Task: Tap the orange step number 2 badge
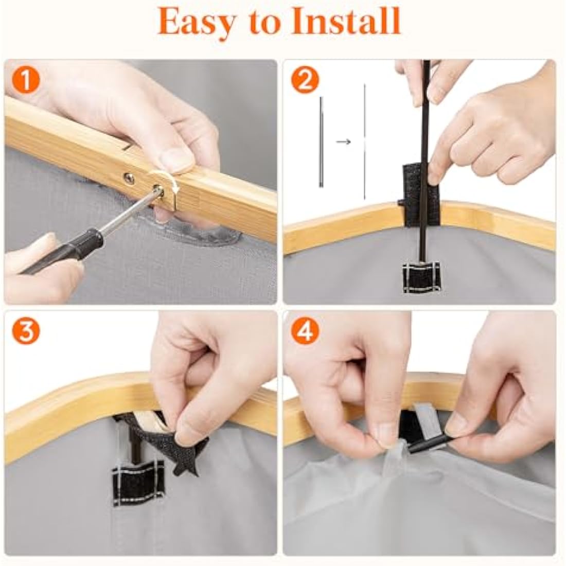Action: pyautogui.click(x=305, y=81)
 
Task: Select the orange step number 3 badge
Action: pyautogui.click(x=25, y=331)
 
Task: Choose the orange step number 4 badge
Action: pyautogui.click(x=305, y=331)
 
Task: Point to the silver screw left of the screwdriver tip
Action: pyautogui.click(x=129, y=178)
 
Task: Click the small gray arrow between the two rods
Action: pyautogui.click(x=343, y=142)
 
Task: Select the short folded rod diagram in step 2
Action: pyautogui.click(x=321, y=142)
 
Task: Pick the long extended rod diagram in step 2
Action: pyautogui.click(x=365, y=141)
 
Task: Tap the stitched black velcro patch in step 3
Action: pyautogui.click(x=137, y=482)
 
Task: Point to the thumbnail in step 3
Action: pyautogui.click(x=188, y=431)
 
